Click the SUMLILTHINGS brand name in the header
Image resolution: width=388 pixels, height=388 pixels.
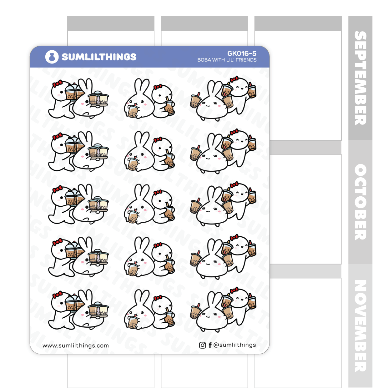pos(99,57)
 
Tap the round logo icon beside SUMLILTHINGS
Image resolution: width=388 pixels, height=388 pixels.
pos(52,57)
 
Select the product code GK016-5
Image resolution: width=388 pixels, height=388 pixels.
pos(242,53)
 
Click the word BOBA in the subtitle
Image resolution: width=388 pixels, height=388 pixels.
pos(204,60)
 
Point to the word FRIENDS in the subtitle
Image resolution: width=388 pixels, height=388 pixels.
pos(246,60)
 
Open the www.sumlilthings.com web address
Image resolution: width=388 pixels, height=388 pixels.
pos(76,345)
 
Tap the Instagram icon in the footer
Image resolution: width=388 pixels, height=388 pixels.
pos(202,345)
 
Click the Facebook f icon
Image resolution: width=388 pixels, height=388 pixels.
pos(210,345)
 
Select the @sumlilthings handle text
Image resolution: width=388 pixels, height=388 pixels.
pos(234,345)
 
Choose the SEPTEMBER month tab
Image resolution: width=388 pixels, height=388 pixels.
pos(360,78)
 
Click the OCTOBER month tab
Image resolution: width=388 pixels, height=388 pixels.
pos(360,202)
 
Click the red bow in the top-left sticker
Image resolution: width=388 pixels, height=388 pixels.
pos(58,84)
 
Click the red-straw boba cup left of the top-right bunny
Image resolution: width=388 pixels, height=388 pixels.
pos(195,100)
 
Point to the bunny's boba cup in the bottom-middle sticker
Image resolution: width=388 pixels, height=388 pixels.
pos(133,322)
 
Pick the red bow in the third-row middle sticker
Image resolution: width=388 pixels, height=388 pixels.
pos(158,192)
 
